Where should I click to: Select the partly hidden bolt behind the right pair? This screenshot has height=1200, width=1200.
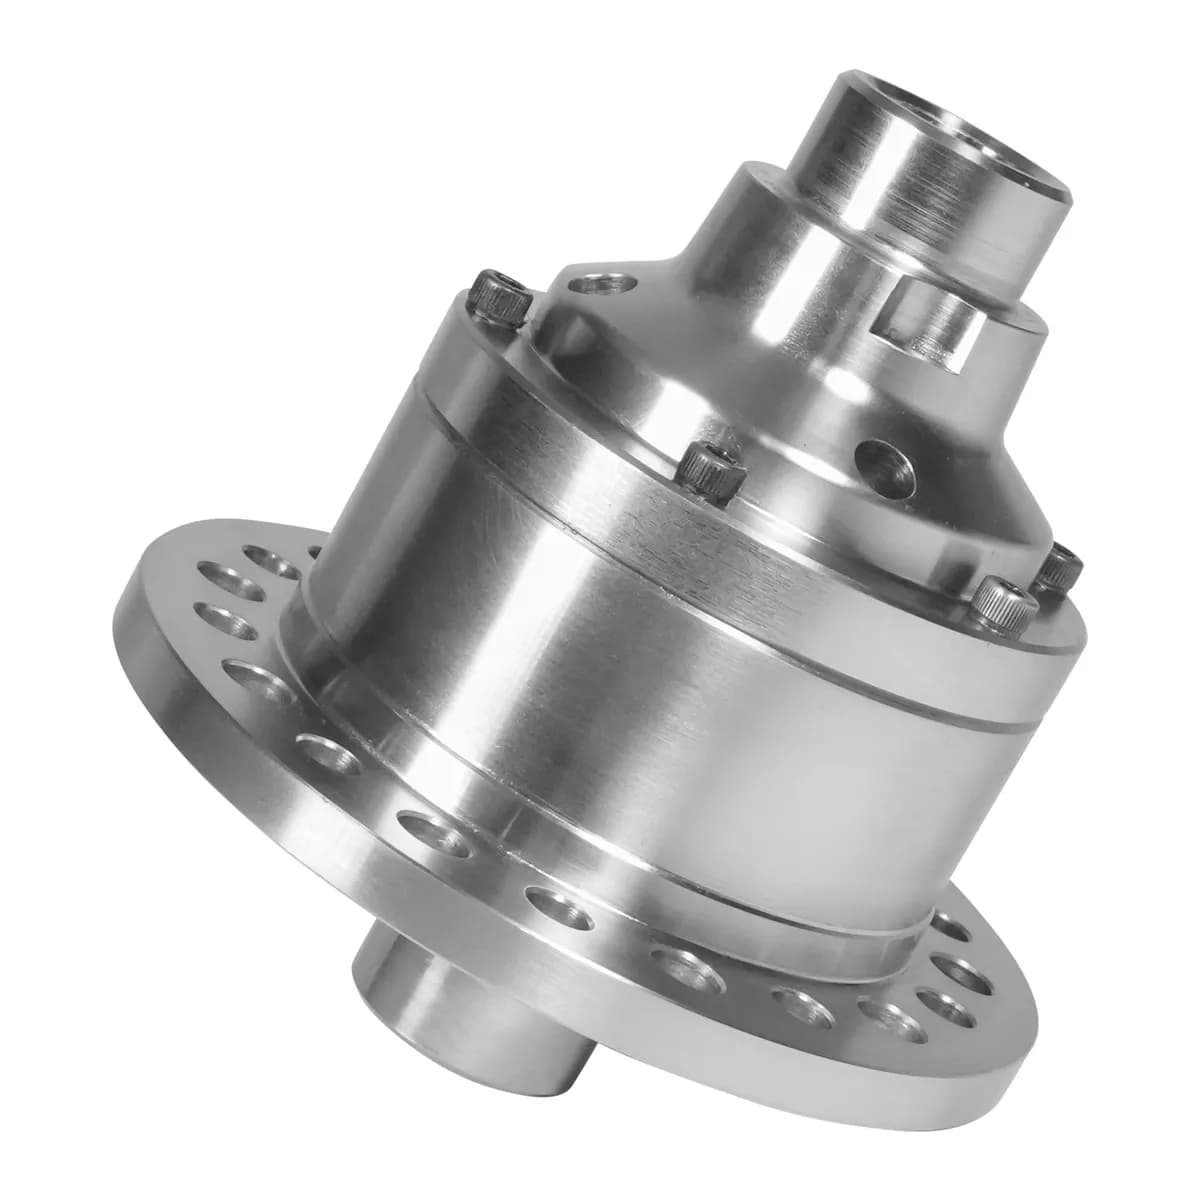click(x=1061, y=568)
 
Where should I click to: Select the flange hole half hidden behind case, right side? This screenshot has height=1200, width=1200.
click(x=950, y=925)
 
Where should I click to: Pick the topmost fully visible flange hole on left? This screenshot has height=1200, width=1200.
click(x=240, y=570)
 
